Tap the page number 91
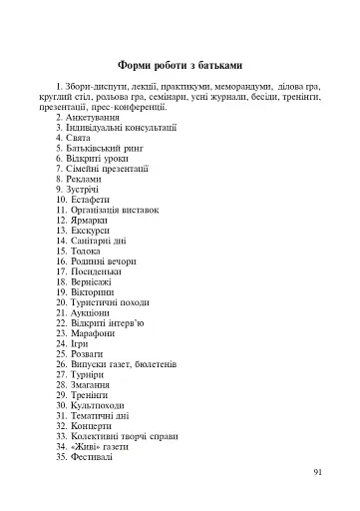[318, 472]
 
